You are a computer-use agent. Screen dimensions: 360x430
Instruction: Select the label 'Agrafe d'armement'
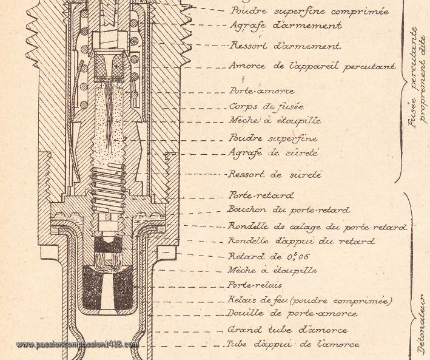tap(286, 26)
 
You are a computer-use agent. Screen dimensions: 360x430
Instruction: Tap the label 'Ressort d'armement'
tap(285, 46)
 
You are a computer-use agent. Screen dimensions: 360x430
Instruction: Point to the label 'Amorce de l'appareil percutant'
tap(312, 66)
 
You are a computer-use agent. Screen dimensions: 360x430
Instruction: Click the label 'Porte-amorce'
tap(261, 90)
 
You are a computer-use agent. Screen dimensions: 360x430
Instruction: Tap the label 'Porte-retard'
tap(261, 195)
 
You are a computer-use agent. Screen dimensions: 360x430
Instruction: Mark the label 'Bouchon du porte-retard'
tap(289, 210)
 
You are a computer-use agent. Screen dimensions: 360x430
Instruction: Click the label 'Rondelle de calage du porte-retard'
tap(317, 226)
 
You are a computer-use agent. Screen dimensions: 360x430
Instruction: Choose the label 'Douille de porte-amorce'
tap(292, 314)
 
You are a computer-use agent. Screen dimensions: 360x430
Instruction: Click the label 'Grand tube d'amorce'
tap(287, 330)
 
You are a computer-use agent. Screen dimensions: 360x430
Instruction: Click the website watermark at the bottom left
tap(78, 344)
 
